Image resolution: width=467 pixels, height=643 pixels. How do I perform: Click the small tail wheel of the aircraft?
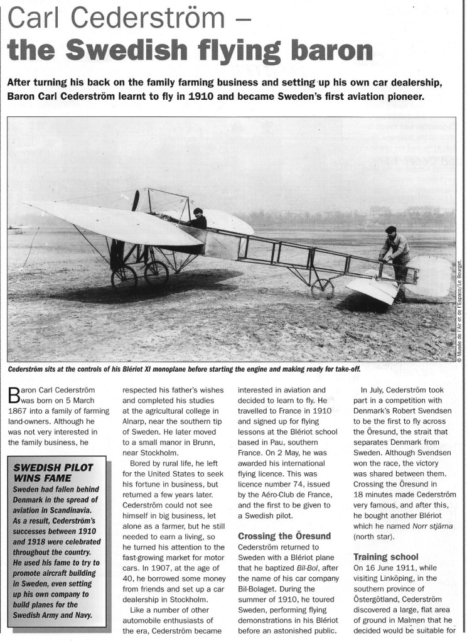[x=322, y=288]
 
